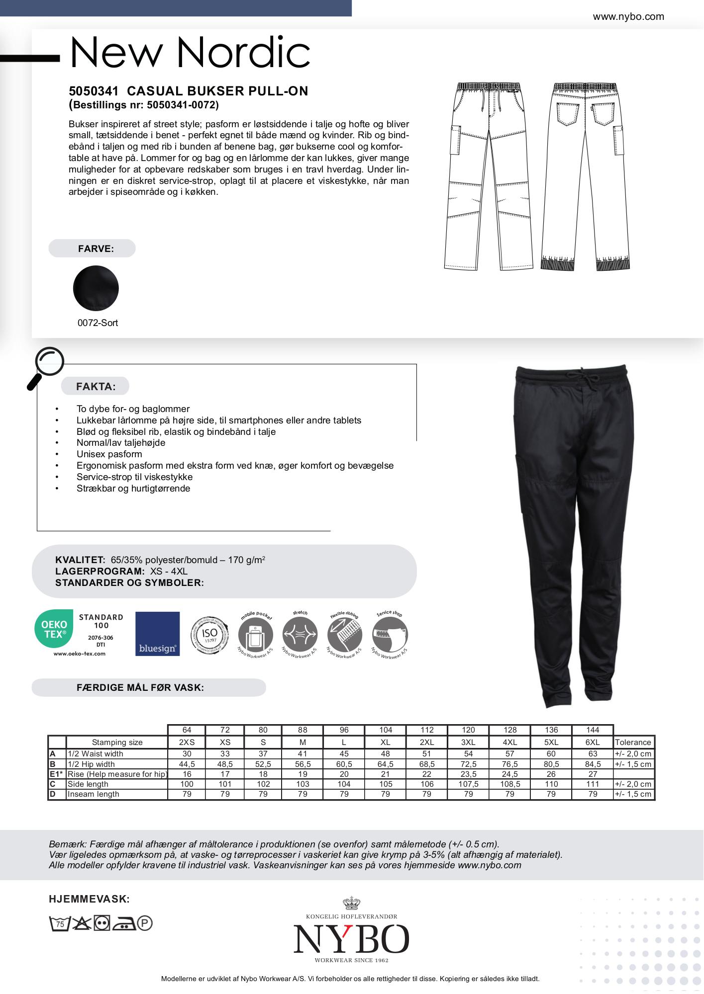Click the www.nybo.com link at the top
pos(628,17)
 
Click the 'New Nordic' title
pos(190,52)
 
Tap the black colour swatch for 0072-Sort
pos(96,288)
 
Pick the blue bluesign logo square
pos(157,634)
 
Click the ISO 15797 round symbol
pos(210,635)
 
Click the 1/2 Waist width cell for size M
pos(302,754)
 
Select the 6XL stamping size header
pos(593,742)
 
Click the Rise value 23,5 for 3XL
pos(468,774)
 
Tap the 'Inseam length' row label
pos(94,794)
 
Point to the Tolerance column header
pos(633,742)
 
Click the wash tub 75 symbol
pos(59,924)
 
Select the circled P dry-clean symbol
pos(145,924)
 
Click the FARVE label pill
pos(92,248)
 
